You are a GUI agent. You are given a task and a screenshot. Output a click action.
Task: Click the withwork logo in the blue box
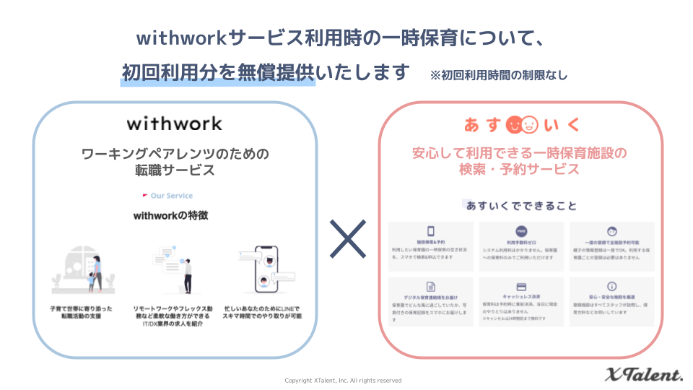pyautogui.click(x=174, y=123)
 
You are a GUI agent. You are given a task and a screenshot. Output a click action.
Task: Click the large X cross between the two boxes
pyautogui.click(x=348, y=239)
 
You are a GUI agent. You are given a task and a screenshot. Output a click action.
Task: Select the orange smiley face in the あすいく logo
pyautogui.click(x=514, y=124)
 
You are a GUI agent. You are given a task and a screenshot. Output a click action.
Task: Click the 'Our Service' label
pyautogui.click(x=171, y=196)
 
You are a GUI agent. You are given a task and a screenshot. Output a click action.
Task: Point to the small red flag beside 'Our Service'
pyautogui.click(x=145, y=196)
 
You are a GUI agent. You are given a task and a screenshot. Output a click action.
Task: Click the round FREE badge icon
pyautogui.click(x=520, y=232)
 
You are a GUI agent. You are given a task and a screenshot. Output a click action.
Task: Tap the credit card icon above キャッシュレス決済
pyautogui.click(x=520, y=286)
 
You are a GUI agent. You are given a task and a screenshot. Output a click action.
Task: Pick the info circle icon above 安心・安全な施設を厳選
pyautogui.click(x=611, y=286)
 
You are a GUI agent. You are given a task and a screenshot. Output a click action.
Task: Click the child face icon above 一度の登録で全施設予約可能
pyautogui.click(x=611, y=232)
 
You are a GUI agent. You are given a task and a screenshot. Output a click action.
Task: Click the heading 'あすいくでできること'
pyautogui.click(x=521, y=206)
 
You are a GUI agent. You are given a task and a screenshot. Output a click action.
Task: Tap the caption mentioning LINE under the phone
pyautogui.click(x=262, y=312)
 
